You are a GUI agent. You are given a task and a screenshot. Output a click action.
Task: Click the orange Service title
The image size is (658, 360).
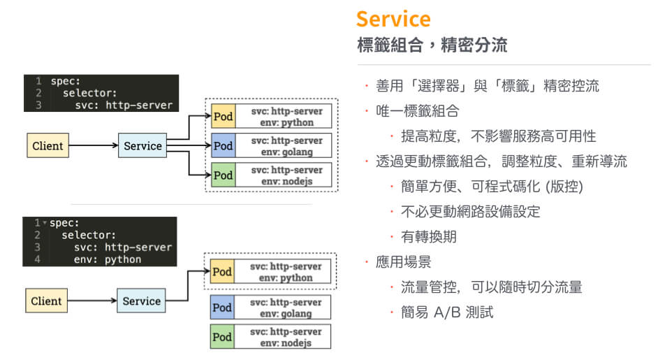393,19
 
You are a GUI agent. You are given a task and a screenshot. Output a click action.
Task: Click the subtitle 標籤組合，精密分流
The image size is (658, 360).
432,46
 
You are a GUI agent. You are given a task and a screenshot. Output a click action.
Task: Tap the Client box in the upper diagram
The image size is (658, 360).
47,146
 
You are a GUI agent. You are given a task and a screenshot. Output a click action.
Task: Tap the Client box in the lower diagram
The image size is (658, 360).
47,301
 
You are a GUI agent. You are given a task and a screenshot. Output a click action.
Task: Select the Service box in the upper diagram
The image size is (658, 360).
142,146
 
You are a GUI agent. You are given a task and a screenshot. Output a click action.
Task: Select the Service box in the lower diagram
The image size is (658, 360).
142,301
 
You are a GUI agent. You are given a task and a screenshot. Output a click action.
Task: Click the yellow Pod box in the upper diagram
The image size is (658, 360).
222,117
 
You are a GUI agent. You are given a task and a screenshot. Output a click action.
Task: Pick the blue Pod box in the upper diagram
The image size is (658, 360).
222,146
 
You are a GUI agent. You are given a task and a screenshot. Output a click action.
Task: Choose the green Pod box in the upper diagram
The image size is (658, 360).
222,175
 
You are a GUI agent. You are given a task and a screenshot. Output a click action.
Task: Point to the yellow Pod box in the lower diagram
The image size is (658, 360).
221,272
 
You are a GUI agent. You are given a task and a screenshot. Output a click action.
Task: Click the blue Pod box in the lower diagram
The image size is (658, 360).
221,308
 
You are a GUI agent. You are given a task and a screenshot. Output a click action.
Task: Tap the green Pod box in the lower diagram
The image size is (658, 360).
221,337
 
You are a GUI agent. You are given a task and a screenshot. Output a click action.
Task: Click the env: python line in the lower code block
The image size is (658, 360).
108,259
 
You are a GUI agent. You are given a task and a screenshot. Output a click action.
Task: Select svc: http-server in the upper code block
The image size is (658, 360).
124,105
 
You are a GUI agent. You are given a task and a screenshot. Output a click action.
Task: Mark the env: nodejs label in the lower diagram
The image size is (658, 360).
286,343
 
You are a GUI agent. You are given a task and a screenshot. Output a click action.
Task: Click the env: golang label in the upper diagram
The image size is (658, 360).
287,152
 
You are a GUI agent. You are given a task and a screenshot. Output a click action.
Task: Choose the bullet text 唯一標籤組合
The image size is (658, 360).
418,111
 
